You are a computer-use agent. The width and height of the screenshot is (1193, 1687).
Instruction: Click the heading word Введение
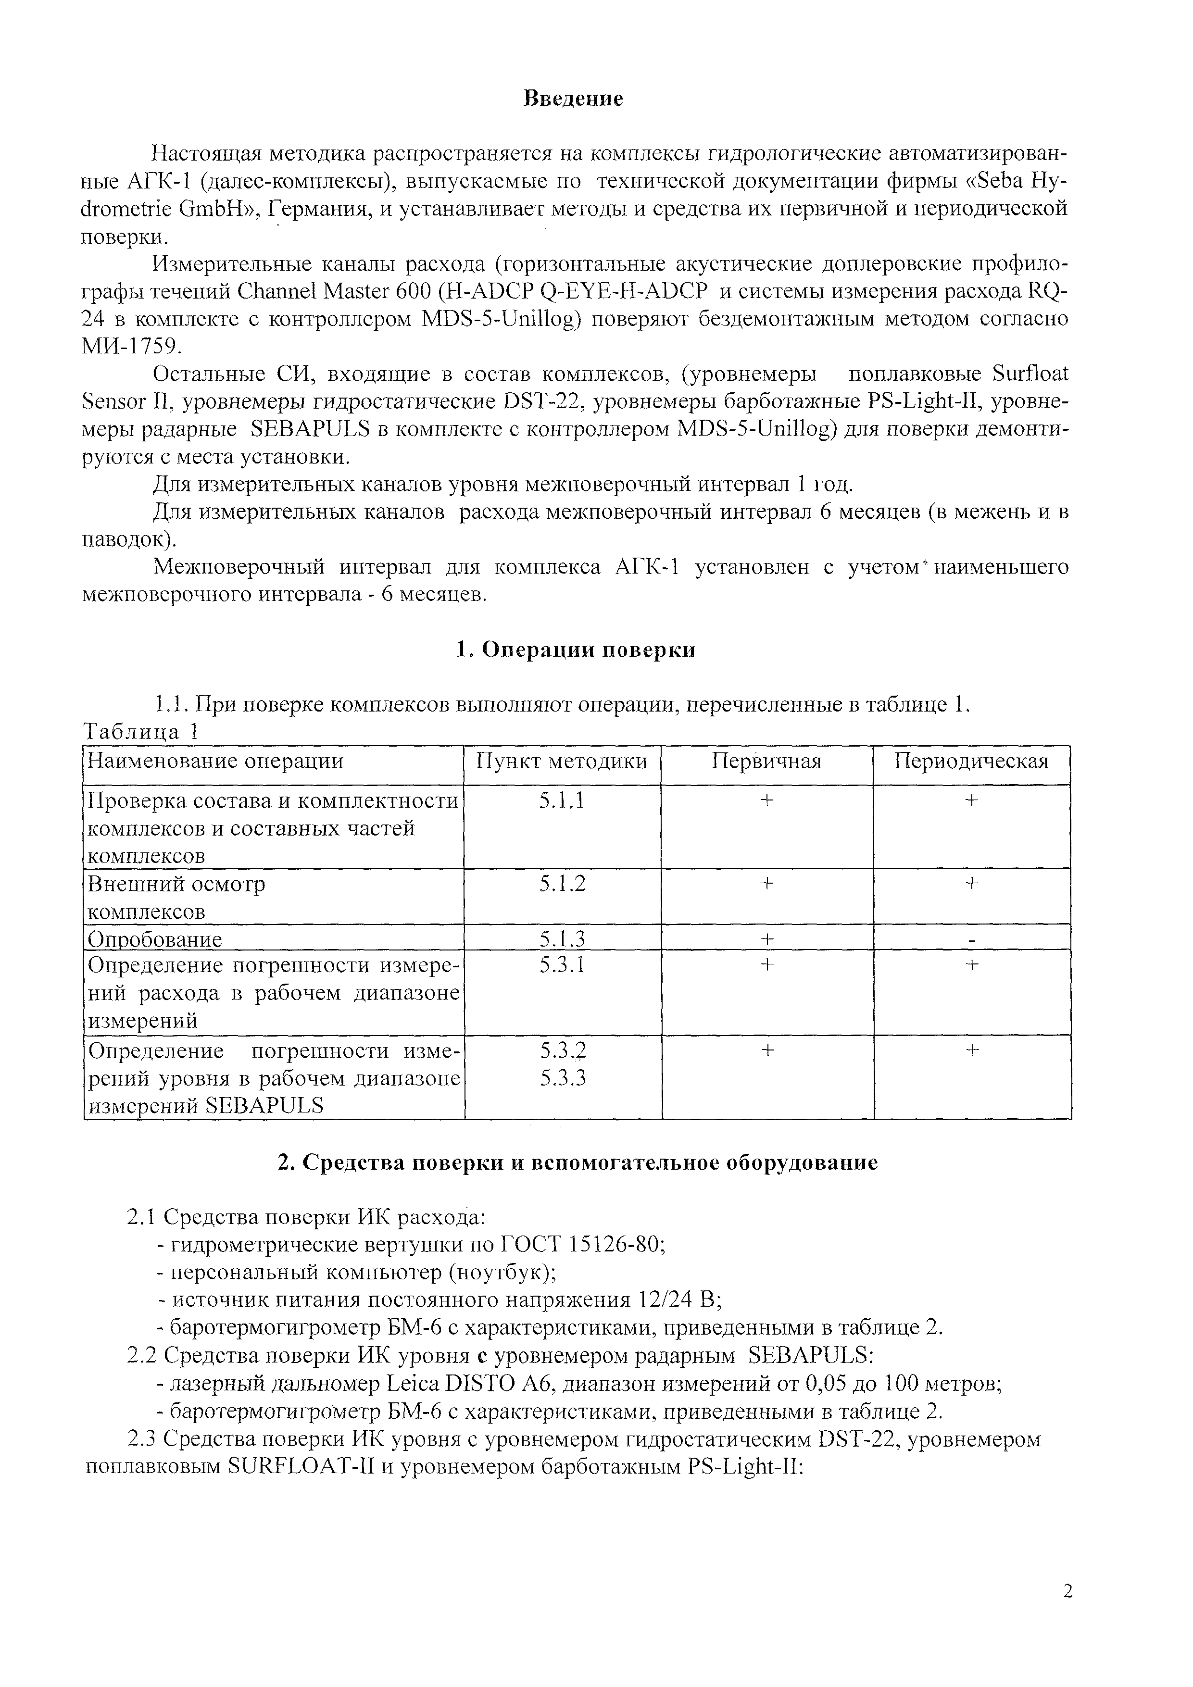[x=573, y=99]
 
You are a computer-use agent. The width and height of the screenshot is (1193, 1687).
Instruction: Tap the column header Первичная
[x=766, y=761]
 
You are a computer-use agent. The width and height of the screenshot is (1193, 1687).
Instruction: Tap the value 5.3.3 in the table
[x=563, y=1079]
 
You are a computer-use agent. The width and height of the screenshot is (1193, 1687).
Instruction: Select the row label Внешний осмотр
[x=176, y=884]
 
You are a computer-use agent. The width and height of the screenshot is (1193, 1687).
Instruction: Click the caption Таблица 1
[x=141, y=733]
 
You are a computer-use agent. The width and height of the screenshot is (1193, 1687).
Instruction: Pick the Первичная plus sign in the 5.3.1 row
[x=766, y=965]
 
